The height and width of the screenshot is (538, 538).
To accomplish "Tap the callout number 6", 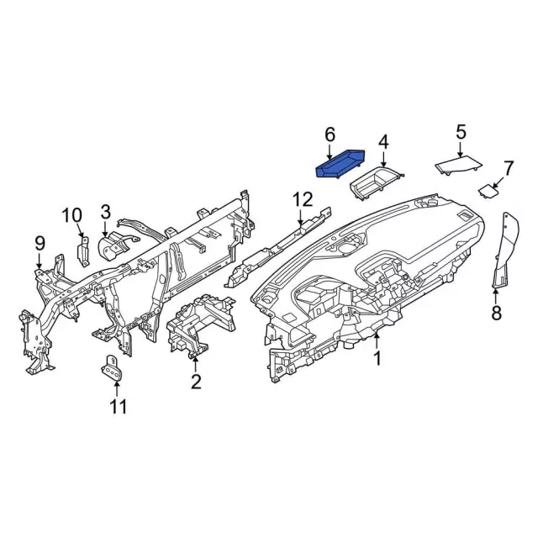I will click(x=330, y=134).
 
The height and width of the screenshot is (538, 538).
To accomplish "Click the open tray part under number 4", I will click(x=375, y=183).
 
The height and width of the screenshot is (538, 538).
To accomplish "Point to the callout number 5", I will click(x=461, y=131).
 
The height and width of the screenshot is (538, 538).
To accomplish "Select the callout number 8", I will click(x=495, y=314).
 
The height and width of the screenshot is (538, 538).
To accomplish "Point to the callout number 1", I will click(x=377, y=358).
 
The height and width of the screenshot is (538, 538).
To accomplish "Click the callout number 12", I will click(x=302, y=199).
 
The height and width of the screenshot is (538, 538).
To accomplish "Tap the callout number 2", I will click(x=196, y=382).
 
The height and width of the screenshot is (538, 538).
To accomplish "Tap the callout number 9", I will click(x=40, y=243).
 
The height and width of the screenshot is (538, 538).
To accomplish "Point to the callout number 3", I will click(x=106, y=211).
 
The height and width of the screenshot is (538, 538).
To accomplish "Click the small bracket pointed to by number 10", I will click(x=84, y=251).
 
